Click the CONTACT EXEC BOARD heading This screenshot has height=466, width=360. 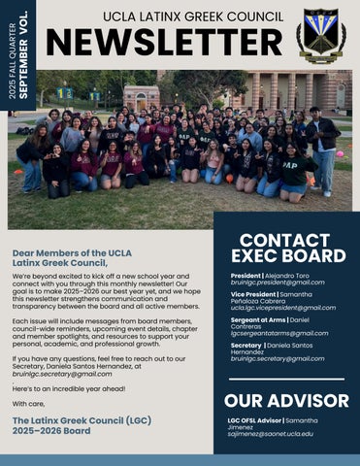coord(291,247)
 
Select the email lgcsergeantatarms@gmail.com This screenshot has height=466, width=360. coord(283,333)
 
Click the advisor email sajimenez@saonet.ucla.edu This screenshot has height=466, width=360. coord(277,433)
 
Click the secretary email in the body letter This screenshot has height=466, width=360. coord(62,373)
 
